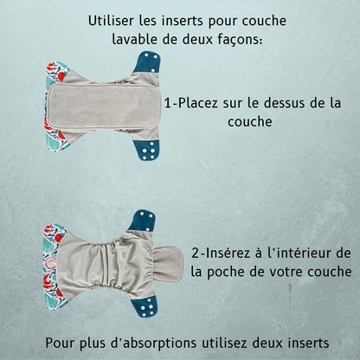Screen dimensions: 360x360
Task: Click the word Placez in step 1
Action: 197,103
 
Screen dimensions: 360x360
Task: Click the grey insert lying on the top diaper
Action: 104,106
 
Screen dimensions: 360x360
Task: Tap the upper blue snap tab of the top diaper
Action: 148,62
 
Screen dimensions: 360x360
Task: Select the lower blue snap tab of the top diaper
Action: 146,149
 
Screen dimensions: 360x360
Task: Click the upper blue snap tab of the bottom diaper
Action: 142,220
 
